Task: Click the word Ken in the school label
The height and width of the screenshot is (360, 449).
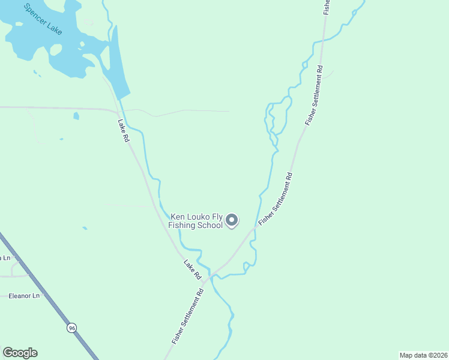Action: [178, 217]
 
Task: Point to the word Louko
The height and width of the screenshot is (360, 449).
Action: [199, 217]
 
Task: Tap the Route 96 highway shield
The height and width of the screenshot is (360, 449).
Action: [72, 328]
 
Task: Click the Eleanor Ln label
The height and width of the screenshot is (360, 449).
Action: [24, 296]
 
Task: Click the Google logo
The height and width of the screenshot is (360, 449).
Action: [20, 353]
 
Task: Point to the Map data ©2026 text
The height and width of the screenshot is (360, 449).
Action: [423, 355]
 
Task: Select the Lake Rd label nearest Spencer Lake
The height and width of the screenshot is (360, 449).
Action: [124, 130]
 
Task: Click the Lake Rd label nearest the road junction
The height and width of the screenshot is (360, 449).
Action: [192, 269]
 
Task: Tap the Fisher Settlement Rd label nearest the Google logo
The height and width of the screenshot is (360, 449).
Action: [188, 316]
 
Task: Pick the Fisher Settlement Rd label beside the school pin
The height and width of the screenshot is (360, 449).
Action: [276, 199]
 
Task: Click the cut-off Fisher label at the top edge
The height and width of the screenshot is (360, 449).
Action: [327, 6]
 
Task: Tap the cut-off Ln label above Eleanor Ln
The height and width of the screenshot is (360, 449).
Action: [5, 258]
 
